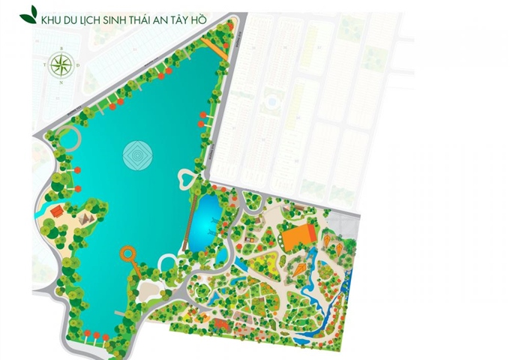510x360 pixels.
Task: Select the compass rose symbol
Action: (61, 65)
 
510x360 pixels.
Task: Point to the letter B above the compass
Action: (61, 47)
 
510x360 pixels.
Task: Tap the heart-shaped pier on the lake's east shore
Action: (186, 178)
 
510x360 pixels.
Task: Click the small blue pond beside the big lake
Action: (205, 221)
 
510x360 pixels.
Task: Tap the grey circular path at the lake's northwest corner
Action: (68, 139)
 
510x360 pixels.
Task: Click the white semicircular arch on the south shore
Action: (168, 262)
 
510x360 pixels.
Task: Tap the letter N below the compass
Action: (61, 82)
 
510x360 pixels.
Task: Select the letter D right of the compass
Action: (78, 65)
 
